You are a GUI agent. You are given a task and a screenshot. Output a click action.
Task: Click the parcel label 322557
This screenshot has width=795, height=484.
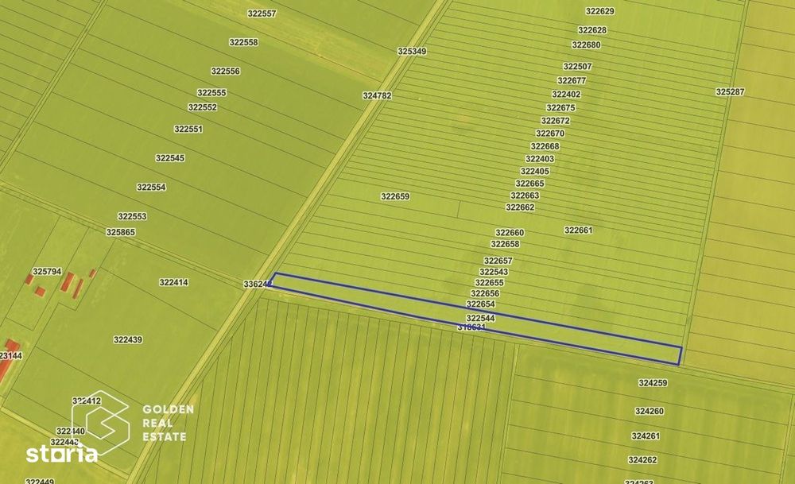pyautogui.click(x=262, y=14)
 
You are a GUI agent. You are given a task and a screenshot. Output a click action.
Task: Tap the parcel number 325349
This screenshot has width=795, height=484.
pyautogui.click(x=412, y=51)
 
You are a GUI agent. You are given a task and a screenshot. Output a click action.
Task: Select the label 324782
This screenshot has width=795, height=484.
pyautogui.click(x=377, y=95)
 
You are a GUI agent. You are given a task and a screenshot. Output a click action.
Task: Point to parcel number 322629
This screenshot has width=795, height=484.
pyautogui.click(x=599, y=11)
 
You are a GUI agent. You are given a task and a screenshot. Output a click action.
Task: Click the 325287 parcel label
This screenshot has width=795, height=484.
pyautogui.click(x=730, y=92)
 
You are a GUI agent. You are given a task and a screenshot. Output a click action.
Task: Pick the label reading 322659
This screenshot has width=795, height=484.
pyautogui.click(x=395, y=196)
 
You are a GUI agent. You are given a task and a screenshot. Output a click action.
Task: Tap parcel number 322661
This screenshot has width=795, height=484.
pyautogui.click(x=579, y=230)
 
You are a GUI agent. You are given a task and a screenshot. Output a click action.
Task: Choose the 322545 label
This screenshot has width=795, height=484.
pyautogui.click(x=170, y=158)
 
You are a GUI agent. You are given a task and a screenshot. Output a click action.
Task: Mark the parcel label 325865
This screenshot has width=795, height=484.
pyautogui.click(x=121, y=232)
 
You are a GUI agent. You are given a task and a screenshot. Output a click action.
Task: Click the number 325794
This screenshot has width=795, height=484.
pyautogui.click(x=47, y=271)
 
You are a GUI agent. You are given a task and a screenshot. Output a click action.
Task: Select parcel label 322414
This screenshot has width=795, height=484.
pyautogui.click(x=173, y=282)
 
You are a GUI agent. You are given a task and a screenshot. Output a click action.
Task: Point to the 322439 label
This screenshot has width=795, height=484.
pyautogui.click(x=127, y=339)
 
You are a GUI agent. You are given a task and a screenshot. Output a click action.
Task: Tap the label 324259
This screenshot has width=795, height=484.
pyautogui.click(x=653, y=383)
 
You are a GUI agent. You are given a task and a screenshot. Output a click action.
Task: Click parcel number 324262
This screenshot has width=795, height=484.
pyautogui.click(x=642, y=460)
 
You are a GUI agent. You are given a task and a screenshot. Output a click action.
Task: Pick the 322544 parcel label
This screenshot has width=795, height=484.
pyautogui.click(x=480, y=318)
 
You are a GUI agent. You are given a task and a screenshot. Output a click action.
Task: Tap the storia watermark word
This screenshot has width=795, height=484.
pyautogui.click(x=62, y=455)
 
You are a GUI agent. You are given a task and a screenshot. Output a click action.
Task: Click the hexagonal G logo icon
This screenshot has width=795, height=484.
pyautogui.click(x=100, y=422)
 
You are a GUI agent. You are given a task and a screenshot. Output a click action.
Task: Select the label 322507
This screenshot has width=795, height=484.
pyautogui.click(x=577, y=67)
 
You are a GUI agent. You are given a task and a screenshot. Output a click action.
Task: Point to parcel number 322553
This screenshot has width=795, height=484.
pyautogui.click(x=132, y=216)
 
